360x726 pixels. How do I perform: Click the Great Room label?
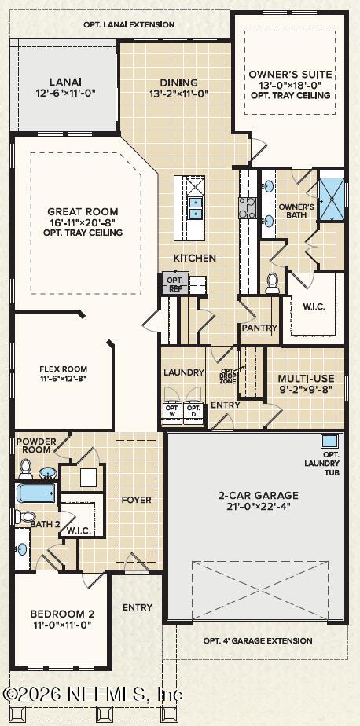pos(83,212)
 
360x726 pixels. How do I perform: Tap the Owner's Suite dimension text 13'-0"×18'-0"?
pos(291,85)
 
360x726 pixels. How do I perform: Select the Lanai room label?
pos(65,82)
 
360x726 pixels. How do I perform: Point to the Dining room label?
pos(179,82)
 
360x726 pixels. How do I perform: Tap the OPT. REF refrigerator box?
pos(174,284)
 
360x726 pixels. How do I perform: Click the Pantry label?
pos(259,328)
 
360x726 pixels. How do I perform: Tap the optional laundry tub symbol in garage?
pos(330,441)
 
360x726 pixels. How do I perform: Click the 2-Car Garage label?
pos(258,495)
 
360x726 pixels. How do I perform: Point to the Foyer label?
pos(136,500)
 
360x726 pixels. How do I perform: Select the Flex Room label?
pos(64,369)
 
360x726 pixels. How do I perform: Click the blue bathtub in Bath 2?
pos(35,493)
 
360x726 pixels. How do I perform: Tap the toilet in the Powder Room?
pos(25,469)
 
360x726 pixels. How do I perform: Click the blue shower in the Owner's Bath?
pos(332,199)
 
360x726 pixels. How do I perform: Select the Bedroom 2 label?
pos(62,614)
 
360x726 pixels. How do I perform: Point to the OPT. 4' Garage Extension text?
pos(258,641)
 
